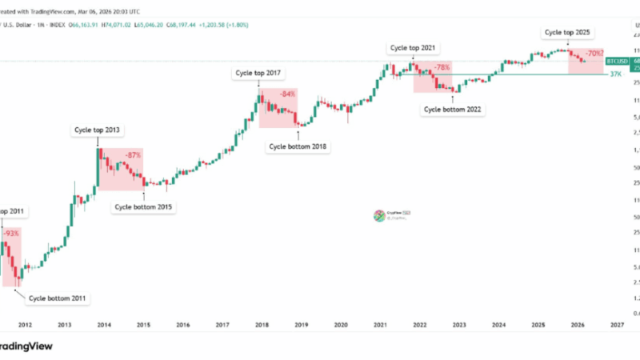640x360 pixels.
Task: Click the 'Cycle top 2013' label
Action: [x=98, y=130]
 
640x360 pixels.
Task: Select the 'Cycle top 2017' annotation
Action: [x=258, y=74]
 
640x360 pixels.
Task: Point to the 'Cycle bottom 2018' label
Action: [x=298, y=146]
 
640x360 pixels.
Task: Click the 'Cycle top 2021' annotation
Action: [x=414, y=48]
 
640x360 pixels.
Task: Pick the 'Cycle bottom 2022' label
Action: [x=453, y=109]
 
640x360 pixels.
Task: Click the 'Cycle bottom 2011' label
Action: [x=58, y=298]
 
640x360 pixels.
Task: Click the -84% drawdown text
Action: [x=287, y=94]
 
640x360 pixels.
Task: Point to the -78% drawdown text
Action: [x=442, y=67]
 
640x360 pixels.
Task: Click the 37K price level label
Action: [x=616, y=74]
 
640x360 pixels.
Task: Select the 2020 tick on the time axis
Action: [x=341, y=326]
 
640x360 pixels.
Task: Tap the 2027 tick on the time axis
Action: [x=616, y=326]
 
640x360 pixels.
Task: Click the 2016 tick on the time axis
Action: [x=183, y=326]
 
